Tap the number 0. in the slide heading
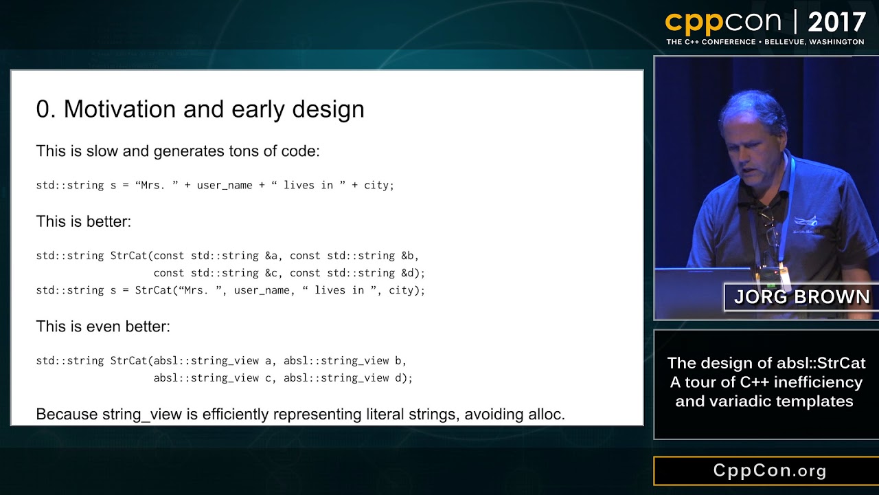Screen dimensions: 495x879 [x=45, y=109]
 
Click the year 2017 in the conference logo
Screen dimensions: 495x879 [x=836, y=23]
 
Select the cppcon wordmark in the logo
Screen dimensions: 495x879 [x=724, y=23]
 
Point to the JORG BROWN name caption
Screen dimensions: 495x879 [x=801, y=297]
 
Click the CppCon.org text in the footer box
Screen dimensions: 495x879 [x=769, y=471]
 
